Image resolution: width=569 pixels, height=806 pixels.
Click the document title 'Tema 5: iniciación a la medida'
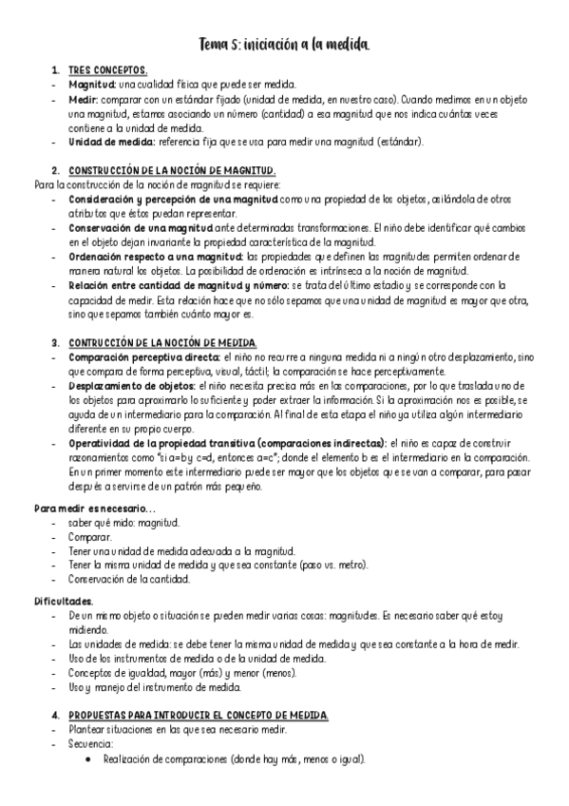[284, 45]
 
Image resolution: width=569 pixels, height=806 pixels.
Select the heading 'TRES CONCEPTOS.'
[107, 71]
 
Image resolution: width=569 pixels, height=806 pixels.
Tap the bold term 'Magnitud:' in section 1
[91, 85]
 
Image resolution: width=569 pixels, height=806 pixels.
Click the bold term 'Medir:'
[84, 99]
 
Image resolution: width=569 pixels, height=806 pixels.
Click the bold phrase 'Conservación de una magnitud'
[141, 228]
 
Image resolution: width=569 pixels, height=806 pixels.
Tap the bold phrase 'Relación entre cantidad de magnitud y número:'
[179, 285]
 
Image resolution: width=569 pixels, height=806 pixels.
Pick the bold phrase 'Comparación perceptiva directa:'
[142, 356]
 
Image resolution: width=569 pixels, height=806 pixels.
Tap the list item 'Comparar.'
[91, 537]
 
